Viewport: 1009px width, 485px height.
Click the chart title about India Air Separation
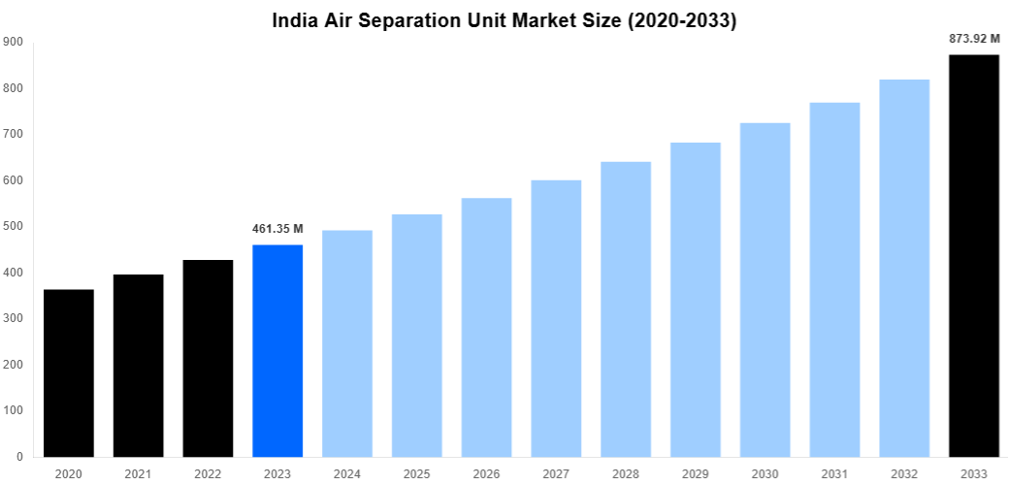504,20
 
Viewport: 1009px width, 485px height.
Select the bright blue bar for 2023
277,350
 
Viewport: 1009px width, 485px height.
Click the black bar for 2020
69,372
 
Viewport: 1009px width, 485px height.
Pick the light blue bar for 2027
556,318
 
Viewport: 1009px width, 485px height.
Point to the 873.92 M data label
973,39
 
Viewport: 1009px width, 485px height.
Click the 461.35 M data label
277,229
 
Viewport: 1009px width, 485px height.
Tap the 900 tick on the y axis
13,42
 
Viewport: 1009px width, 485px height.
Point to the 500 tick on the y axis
13,226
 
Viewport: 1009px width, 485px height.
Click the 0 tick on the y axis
18,456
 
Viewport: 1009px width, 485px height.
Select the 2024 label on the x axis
347,473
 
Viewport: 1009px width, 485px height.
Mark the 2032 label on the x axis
904,473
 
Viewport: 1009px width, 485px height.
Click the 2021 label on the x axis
139,473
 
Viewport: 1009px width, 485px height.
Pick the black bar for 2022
208,358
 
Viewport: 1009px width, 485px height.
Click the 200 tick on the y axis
13,364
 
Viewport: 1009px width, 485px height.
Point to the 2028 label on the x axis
626,473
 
